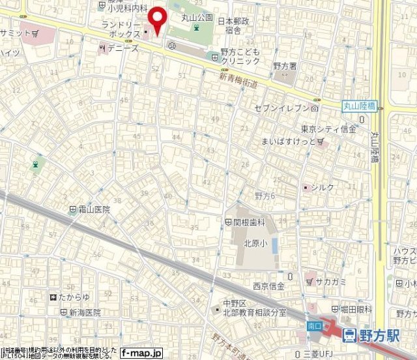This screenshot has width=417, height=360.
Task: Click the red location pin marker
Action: [157, 20]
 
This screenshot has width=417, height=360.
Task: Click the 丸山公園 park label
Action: [197, 18]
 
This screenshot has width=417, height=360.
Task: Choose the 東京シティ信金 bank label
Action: [328, 129]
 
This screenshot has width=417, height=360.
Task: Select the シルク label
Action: [323, 188]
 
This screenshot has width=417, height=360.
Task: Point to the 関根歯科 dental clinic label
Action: [250, 222]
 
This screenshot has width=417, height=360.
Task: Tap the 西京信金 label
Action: [268, 286]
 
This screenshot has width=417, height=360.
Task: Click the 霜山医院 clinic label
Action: [94, 210]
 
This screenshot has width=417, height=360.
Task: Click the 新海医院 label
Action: [85, 313]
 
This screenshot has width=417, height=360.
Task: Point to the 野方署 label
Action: [285, 66]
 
